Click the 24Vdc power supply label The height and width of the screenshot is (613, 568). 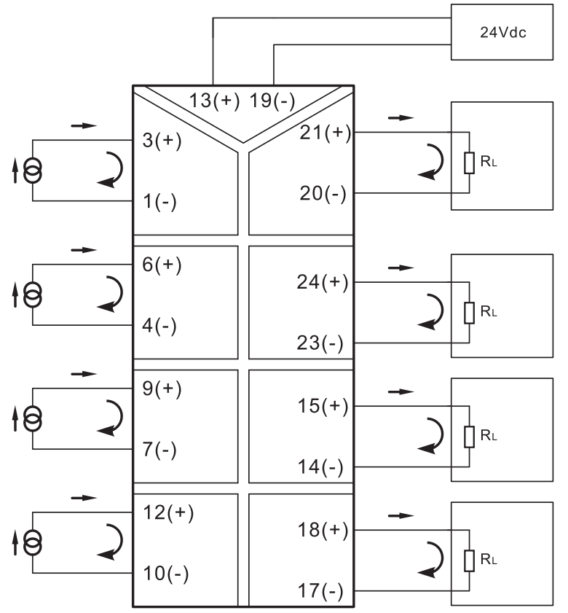502,32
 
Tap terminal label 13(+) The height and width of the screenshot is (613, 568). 214,101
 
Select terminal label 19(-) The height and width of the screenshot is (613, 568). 272,101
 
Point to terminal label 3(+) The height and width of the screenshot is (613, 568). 162,141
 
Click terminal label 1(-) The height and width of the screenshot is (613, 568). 159,202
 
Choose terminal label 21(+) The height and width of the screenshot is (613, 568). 326,133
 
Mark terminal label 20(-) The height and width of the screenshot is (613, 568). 323,193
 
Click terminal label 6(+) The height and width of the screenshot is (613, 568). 162,265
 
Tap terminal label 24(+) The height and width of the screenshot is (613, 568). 323,282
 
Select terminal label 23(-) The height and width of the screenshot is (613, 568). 320,343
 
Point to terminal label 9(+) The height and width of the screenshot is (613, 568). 162,389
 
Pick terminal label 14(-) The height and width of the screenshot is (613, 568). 320,467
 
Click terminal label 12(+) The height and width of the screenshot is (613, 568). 168,512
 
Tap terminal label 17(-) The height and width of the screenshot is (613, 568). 320,591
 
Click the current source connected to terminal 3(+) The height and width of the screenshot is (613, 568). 33,171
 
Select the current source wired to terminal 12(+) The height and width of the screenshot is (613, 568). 33,542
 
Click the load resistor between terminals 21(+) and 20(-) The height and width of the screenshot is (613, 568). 469,163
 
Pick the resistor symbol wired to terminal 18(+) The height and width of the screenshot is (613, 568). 469,561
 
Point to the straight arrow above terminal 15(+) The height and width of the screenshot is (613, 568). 401,391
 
